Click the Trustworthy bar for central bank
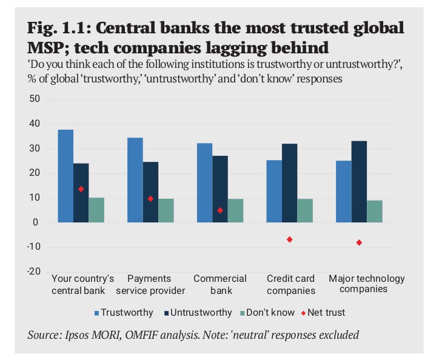(x=65, y=176)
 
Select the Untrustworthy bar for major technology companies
(x=359, y=182)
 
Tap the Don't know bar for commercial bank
(x=235, y=210)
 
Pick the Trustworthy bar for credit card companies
(x=274, y=191)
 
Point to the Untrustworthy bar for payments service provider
(x=150, y=192)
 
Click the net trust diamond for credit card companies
(x=289, y=239)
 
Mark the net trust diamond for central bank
(x=81, y=189)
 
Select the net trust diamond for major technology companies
(x=359, y=242)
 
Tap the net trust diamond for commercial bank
(x=220, y=210)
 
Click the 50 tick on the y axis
(x=35, y=99)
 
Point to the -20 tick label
(x=33, y=272)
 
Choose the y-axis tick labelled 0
(x=35, y=222)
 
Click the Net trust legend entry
(x=323, y=312)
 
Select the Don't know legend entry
(x=267, y=312)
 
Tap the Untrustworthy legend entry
(x=198, y=312)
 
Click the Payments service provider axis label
(x=150, y=285)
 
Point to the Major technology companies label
(x=366, y=284)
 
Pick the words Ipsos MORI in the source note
(x=92, y=335)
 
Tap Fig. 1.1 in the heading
(x=59, y=28)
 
